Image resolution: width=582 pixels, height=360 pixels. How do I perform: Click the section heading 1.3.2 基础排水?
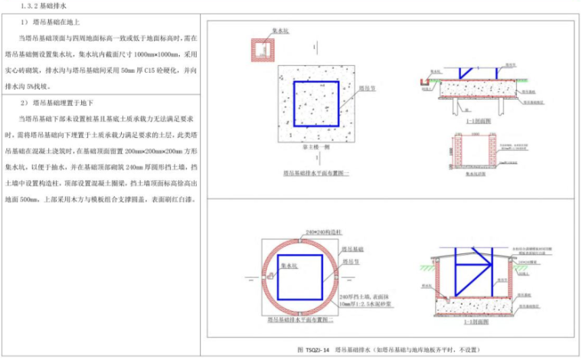click(x=37, y=6)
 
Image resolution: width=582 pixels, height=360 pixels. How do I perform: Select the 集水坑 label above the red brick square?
click(x=281, y=31)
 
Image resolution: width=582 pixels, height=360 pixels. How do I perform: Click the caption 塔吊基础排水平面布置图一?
click(x=316, y=174)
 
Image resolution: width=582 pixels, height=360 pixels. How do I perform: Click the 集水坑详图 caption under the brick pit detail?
click(x=476, y=174)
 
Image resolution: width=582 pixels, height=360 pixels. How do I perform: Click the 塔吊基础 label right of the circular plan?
click(x=362, y=249)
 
